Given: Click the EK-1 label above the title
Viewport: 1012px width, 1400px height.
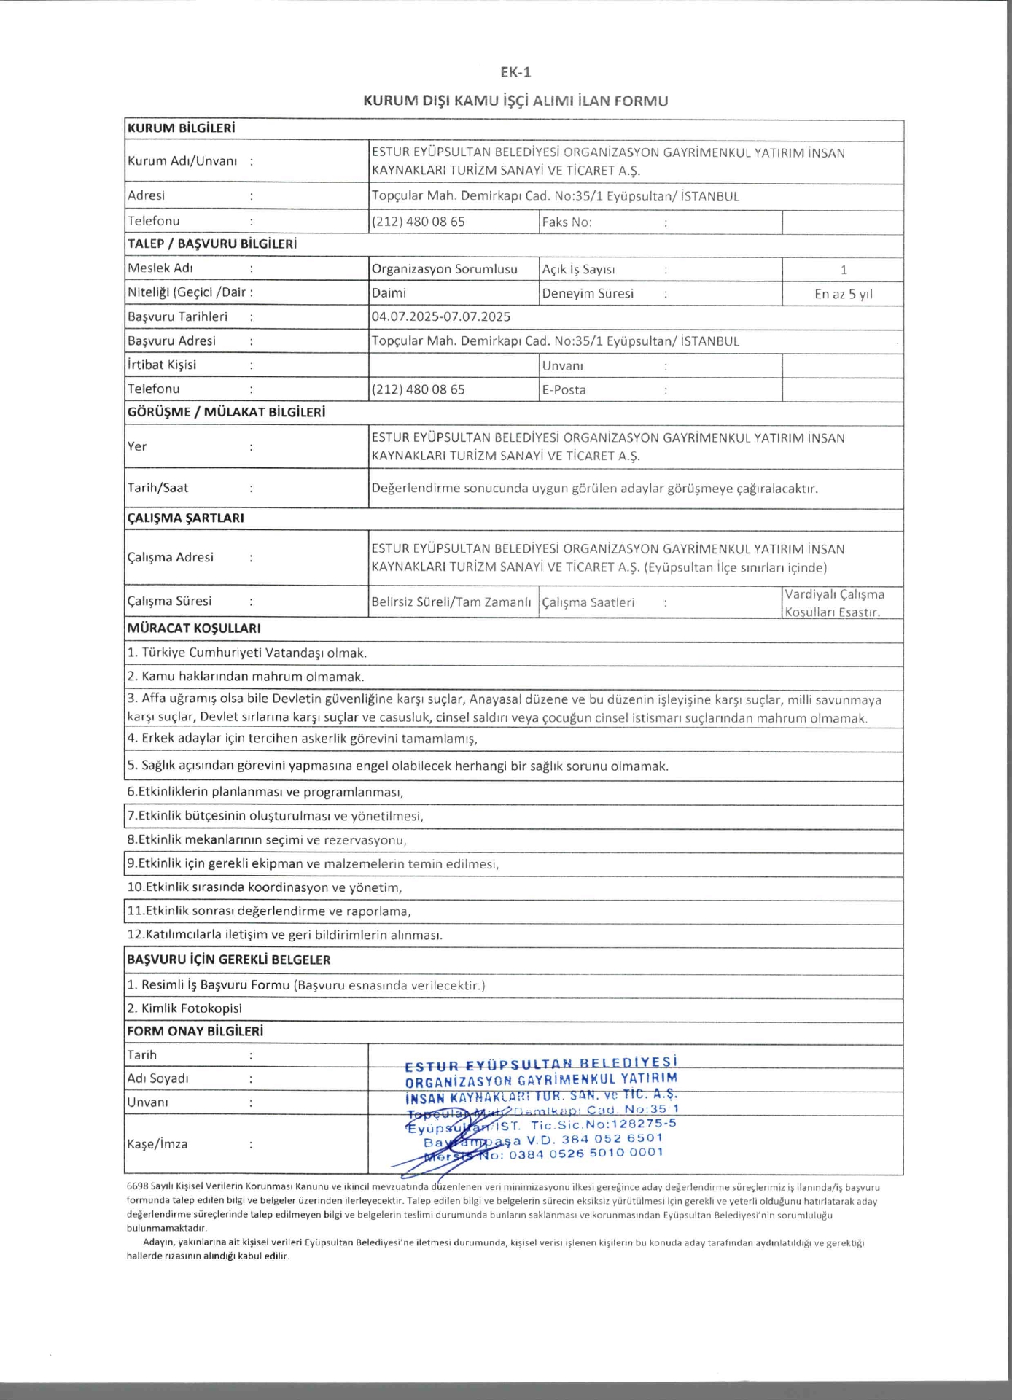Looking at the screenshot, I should [515, 72].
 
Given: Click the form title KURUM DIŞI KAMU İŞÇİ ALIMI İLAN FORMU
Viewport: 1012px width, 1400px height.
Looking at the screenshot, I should [515, 101].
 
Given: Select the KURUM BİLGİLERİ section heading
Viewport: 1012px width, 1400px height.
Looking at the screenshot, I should [182, 128].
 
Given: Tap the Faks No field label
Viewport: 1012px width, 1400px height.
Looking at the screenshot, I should [567, 222].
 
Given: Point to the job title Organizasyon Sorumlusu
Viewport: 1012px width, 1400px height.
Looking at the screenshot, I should [444, 269].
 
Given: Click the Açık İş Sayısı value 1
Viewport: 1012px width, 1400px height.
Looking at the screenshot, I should [844, 270].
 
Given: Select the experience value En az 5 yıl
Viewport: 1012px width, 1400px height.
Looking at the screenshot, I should [843, 295].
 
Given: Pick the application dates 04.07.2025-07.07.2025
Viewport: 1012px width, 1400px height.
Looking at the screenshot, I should [440, 317].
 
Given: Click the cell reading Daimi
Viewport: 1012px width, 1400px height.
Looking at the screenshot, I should [389, 293].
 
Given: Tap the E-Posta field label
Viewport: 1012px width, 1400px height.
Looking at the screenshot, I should [564, 390].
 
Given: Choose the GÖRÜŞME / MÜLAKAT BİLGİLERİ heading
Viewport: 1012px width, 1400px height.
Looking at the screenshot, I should [226, 412].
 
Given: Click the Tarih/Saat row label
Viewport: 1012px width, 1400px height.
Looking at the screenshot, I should [157, 488].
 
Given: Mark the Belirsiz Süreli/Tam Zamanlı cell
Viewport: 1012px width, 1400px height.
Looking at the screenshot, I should [451, 602].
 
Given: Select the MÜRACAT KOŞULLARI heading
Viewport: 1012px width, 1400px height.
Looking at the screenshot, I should [194, 629].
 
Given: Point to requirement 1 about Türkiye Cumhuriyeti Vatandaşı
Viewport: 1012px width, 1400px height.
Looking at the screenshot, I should [247, 653].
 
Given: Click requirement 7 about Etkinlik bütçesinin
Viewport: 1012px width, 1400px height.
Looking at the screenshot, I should [276, 816].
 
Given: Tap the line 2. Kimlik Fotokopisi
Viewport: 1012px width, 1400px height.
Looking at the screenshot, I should [184, 1008].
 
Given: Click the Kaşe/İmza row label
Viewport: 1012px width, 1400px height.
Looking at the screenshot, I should [157, 1144].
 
